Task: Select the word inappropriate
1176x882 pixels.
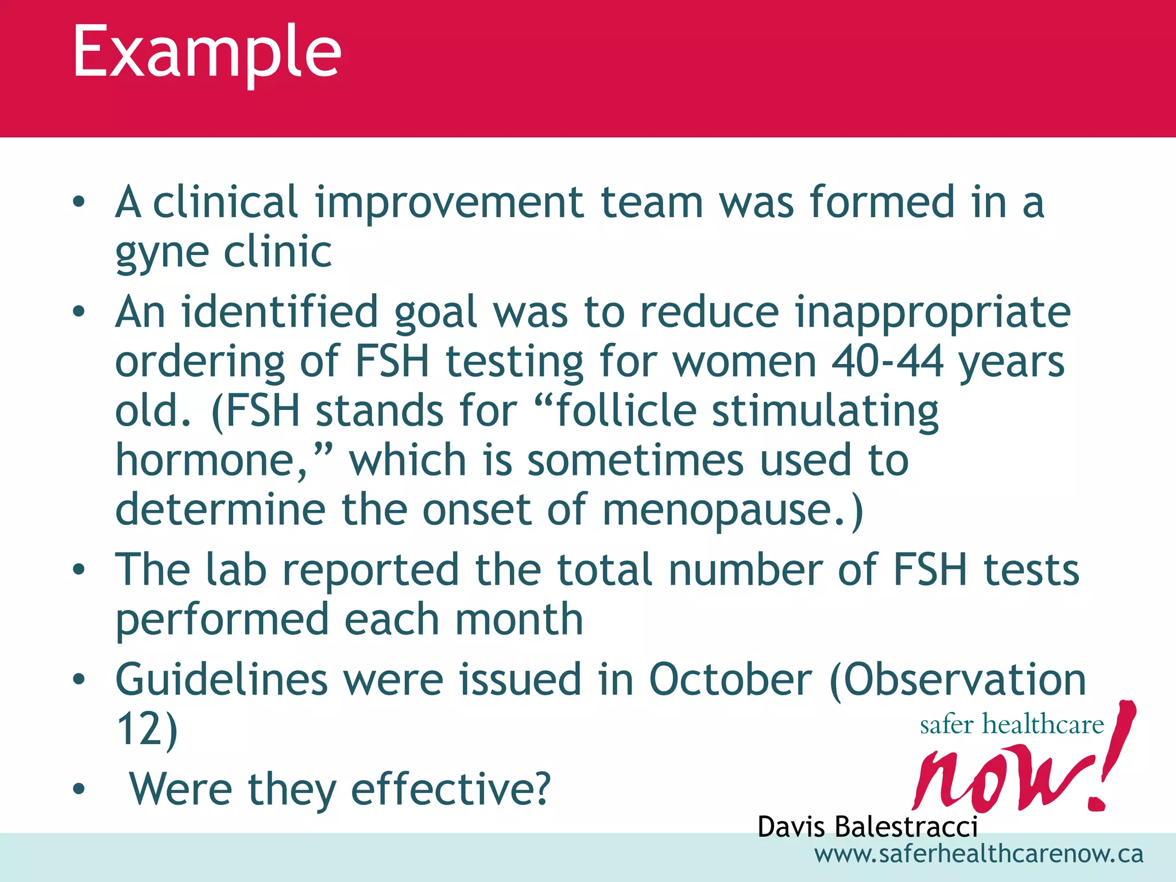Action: coord(933,314)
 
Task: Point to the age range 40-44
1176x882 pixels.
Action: coord(887,362)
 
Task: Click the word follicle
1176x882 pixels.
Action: coord(626,412)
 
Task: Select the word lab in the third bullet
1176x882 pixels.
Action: coord(236,570)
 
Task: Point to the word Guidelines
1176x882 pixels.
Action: coord(222,680)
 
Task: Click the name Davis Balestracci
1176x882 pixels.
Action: coord(867,827)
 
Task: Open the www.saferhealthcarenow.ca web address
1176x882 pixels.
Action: coord(978,854)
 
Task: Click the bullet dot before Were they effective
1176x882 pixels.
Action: coord(79,790)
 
